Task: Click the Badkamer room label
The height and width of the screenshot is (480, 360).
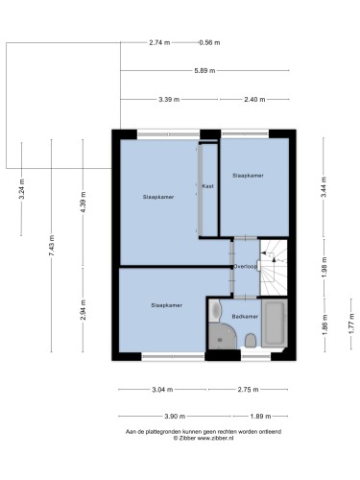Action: coord(245,317)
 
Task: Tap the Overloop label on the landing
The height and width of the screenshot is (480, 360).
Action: coord(246,266)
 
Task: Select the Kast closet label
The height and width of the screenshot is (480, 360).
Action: coord(208,186)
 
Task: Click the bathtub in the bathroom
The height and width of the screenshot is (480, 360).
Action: coord(275,323)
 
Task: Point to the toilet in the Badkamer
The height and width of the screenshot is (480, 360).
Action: coord(251,341)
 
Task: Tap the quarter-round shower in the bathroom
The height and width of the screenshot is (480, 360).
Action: coord(222,336)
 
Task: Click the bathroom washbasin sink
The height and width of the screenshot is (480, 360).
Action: coord(215,310)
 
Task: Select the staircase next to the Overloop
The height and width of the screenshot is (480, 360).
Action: coord(274,268)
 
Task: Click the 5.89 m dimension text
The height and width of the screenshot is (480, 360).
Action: coord(204,71)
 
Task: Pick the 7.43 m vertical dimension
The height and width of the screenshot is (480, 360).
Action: coord(52,245)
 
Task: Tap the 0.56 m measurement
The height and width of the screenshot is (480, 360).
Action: coord(209,42)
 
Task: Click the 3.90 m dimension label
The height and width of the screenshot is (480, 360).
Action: coord(175,417)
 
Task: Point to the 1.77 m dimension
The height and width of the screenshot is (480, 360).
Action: coord(351,324)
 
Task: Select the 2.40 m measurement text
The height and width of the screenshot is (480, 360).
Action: coord(254,100)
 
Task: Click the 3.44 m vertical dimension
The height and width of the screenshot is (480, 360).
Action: coord(324,187)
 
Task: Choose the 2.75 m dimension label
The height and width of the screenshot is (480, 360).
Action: coord(248,390)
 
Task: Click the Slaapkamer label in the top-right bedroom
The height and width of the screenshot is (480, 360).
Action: coord(248,176)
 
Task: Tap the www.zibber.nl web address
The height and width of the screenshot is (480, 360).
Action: coord(215,439)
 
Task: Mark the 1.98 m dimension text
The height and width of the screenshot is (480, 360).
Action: coord(324,267)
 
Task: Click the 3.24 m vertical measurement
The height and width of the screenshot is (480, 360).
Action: coord(22,189)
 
